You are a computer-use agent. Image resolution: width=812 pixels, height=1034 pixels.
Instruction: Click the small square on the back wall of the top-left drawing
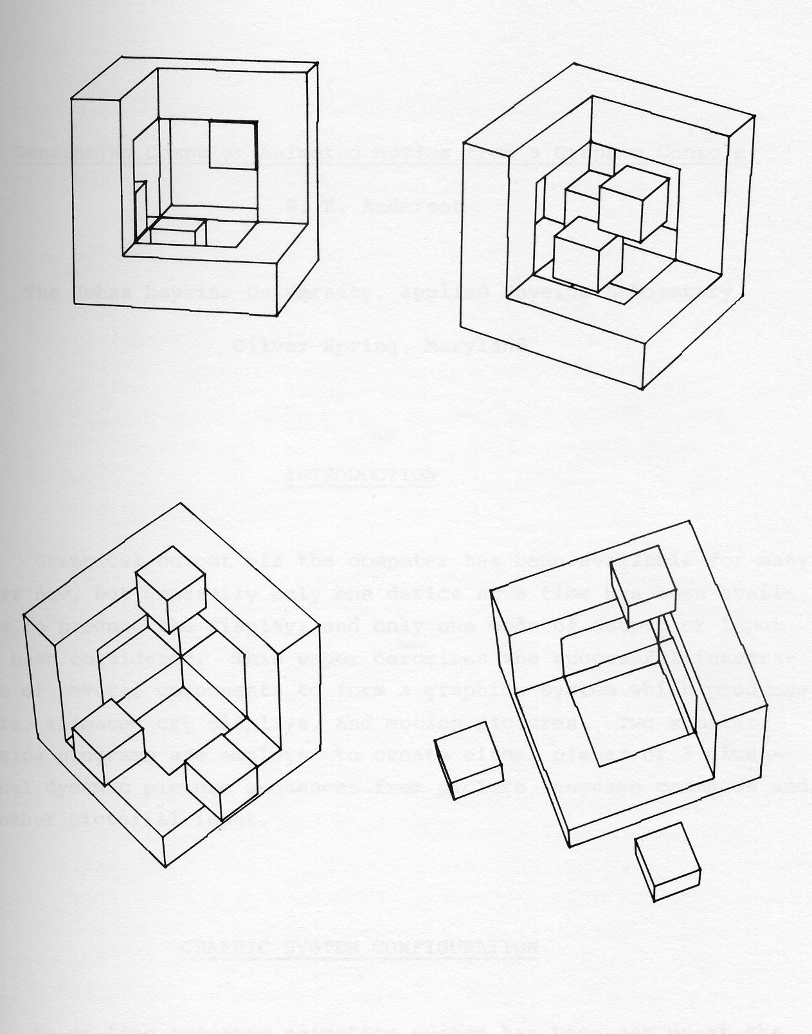[x=233, y=145]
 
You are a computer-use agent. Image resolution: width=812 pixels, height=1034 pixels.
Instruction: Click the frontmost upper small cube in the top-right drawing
[x=632, y=200]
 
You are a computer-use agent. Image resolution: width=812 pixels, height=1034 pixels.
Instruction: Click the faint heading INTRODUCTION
[x=364, y=475]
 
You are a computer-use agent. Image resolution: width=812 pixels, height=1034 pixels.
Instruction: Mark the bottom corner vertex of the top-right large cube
[x=642, y=389]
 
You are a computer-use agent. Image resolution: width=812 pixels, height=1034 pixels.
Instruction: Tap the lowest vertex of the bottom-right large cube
[x=571, y=847]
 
